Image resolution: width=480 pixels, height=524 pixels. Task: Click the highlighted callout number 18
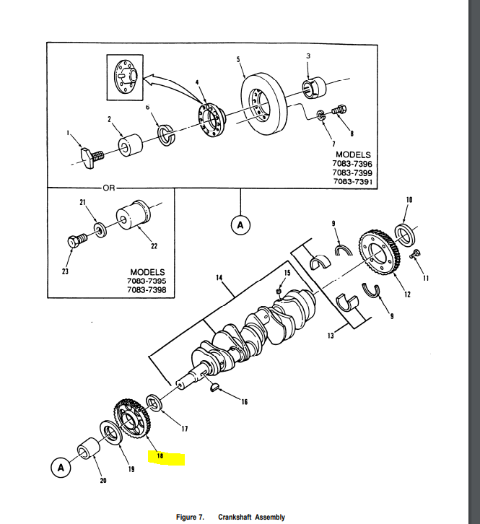pyautogui.click(x=160, y=456)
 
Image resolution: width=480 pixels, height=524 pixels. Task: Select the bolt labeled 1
pyautogui.click(x=89, y=154)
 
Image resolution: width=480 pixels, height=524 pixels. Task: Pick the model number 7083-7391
pyautogui.click(x=353, y=183)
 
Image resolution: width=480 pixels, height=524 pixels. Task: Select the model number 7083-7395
pyautogui.click(x=147, y=281)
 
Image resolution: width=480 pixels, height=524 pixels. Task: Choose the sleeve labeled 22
pyautogui.click(x=136, y=218)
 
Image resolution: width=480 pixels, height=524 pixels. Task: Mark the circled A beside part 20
pyautogui.click(x=61, y=468)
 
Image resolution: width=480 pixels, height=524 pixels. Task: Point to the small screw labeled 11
pyautogui.click(x=416, y=254)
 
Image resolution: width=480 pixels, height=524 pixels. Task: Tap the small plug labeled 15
pyautogui.click(x=279, y=291)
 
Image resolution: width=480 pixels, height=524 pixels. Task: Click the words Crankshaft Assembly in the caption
pyautogui.click(x=251, y=517)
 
